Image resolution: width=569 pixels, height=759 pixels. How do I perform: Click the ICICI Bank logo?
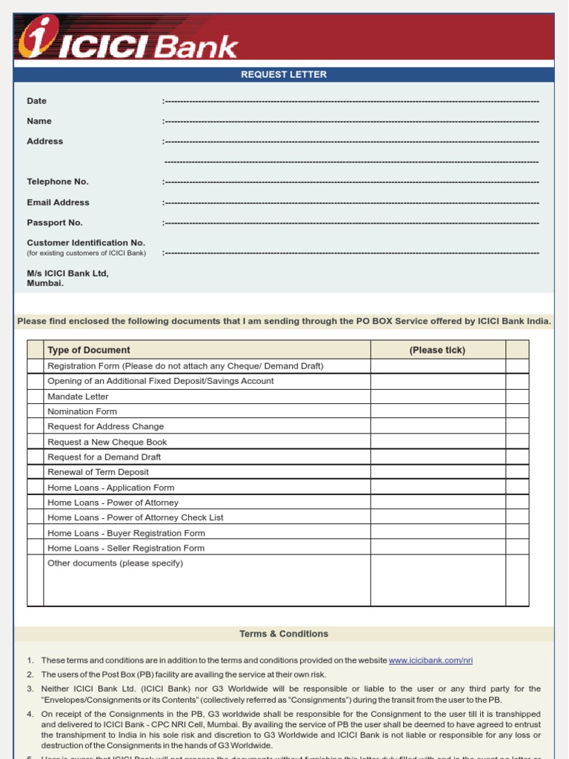(127, 39)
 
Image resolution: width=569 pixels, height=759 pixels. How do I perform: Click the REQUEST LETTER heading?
(284, 75)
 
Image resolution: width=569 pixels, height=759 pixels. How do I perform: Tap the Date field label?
(37, 101)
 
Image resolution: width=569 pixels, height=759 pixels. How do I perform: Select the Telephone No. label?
(58, 182)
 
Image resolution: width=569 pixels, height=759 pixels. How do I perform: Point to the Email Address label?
(58, 202)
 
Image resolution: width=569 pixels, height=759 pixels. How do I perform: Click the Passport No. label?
(55, 222)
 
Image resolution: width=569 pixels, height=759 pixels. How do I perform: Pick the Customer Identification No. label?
(86, 243)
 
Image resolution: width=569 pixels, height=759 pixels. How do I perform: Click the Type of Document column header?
(89, 350)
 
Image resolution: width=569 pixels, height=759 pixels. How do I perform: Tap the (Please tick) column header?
(437, 350)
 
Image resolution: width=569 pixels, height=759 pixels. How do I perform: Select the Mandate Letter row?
(78, 397)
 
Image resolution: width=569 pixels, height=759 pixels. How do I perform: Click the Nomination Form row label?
(82, 411)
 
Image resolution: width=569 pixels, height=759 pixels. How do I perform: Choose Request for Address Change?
(106, 426)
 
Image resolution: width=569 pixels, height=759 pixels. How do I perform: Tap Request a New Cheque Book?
(107, 442)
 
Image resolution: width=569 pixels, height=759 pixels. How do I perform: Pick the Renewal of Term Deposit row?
(98, 472)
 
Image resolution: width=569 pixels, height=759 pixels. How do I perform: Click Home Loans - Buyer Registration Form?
(126, 533)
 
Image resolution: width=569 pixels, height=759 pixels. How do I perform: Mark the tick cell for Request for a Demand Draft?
(437, 457)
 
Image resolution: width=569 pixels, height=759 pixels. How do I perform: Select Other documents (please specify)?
(115, 563)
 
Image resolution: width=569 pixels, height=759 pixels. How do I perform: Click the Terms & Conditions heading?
(284, 634)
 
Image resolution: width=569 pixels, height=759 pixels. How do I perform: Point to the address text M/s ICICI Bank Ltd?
(67, 274)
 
